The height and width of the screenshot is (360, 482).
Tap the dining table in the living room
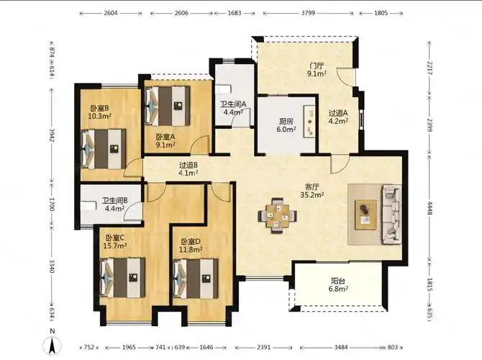[x=277, y=216]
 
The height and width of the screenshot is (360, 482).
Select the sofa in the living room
[x=391, y=215]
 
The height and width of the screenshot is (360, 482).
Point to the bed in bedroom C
[x=122, y=278]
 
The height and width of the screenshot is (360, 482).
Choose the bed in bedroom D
[x=196, y=279]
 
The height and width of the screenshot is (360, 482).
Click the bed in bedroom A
[x=167, y=106]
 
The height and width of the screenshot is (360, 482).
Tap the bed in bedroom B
[x=104, y=149]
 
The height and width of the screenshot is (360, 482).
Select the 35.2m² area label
[x=312, y=194]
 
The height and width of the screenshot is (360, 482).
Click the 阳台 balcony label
[x=338, y=281]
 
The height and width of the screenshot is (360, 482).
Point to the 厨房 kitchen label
[x=286, y=121]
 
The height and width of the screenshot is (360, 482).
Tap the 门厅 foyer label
[x=317, y=66]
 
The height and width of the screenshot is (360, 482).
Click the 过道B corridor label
[x=188, y=165]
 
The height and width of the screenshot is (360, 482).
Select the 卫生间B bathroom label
[x=114, y=201]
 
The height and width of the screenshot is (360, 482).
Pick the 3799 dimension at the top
[x=308, y=13]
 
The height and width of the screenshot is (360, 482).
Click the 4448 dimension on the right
[x=429, y=208]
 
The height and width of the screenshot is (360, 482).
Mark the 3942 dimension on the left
[x=51, y=135]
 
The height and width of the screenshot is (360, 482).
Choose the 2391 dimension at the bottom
[x=263, y=347]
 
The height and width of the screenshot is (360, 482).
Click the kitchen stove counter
[x=309, y=122]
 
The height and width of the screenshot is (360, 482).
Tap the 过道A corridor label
[x=338, y=113]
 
